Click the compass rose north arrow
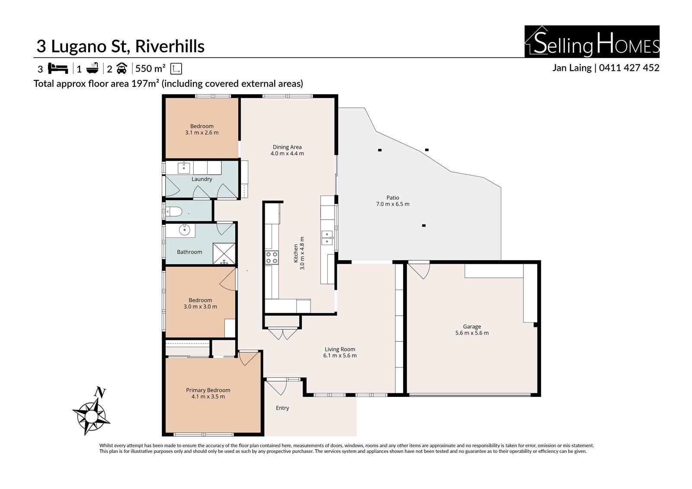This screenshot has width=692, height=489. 91,411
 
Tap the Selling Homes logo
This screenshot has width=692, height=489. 592,42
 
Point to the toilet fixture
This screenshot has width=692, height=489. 173,211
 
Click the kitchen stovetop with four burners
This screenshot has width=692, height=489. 272,258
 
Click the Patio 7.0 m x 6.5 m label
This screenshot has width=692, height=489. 393,201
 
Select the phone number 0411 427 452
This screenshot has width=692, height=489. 629,67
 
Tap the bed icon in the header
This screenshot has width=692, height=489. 58,69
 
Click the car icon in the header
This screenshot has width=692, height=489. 122,68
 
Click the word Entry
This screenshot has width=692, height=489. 282,408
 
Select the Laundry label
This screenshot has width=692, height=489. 202,179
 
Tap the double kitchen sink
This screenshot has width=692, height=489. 327,237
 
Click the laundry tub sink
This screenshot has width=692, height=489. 184,168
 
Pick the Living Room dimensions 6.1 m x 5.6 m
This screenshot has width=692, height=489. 340,355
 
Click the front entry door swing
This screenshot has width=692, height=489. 277,388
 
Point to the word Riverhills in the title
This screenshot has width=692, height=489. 170,46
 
